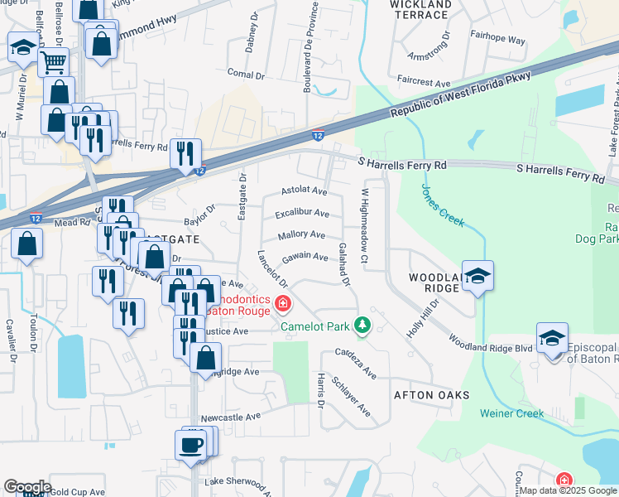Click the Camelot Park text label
pyautogui.click(x=315, y=326)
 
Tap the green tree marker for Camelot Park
pyautogui.click(x=361, y=325)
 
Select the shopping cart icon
pyautogui.click(x=52, y=60)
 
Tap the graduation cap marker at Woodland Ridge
pyautogui.click(x=477, y=276)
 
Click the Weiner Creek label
pyautogui.click(x=512, y=413)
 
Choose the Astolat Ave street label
pyautogui.click(x=304, y=191)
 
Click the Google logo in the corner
pyautogui.click(x=26, y=486)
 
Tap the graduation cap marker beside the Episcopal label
pyautogui.click(x=552, y=337)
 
